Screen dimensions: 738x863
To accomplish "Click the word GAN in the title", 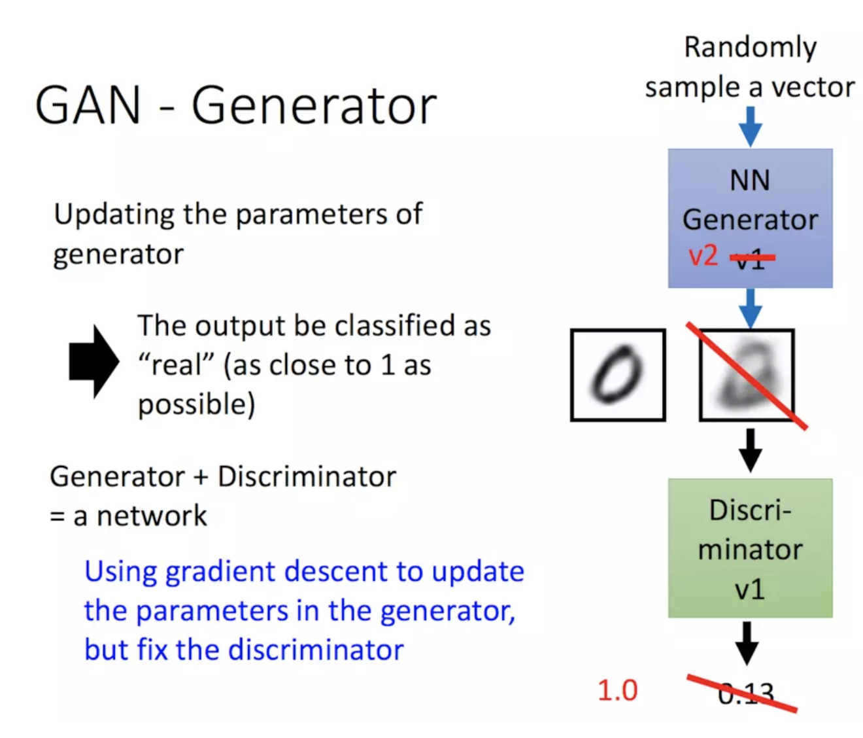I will point(88,105).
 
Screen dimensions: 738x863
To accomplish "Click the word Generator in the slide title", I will point(314,105).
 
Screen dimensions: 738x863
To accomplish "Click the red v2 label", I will point(703,255).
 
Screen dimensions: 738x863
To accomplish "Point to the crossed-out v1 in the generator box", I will point(751,258).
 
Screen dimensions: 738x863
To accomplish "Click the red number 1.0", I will point(617,690).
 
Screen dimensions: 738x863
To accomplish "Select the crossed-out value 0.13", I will point(745,694).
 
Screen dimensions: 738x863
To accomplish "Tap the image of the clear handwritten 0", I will point(618,375).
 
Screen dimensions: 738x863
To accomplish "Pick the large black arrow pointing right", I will point(93,361).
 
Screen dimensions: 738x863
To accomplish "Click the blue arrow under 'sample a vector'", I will point(750,126).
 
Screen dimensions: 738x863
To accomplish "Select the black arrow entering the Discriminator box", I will point(750,450).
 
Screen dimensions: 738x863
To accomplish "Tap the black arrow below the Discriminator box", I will point(747,643).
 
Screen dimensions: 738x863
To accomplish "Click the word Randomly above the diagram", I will point(750,47).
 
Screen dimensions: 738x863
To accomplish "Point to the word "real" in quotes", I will point(176,364).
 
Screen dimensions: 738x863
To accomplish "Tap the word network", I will point(152,516).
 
